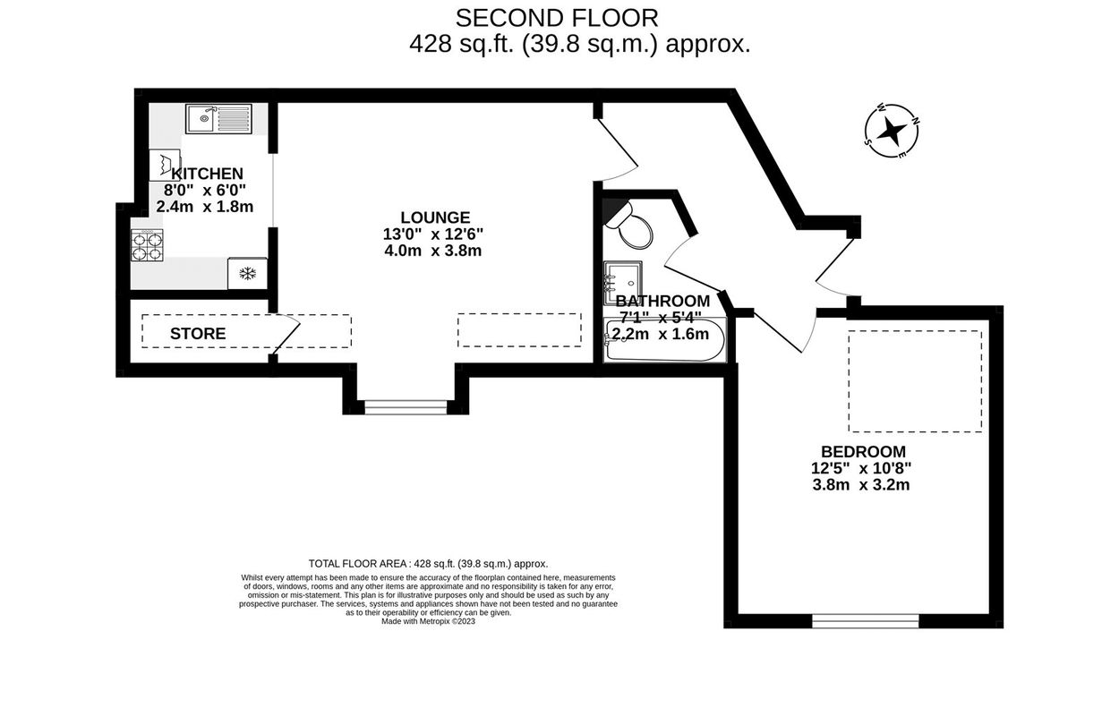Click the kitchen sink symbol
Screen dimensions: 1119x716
coord(218,119)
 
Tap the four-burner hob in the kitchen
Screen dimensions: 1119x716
coord(147,245)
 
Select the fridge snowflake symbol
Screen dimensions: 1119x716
coord(247,274)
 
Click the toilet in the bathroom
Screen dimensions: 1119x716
coord(630,226)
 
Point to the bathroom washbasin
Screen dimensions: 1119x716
coord(622,283)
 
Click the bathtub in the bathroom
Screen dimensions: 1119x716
coord(664,339)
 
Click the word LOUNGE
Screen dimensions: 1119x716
coord(435,217)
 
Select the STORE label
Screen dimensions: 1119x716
coord(198,334)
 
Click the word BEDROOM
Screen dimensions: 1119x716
coord(863,451)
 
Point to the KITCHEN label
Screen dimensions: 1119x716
coord(207,174)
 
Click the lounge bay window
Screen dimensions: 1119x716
coord(406,407)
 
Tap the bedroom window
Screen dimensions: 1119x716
coord(866,620)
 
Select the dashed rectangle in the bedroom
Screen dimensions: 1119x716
coord(915,381)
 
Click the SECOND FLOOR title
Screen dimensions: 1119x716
coord(557,19)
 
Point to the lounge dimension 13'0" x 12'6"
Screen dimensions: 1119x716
coord(433,234)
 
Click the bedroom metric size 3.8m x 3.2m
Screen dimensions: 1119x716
coord(861,485)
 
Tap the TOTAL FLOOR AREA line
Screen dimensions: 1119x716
coord(428,564)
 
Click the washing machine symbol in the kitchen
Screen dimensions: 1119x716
coord(165,165)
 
